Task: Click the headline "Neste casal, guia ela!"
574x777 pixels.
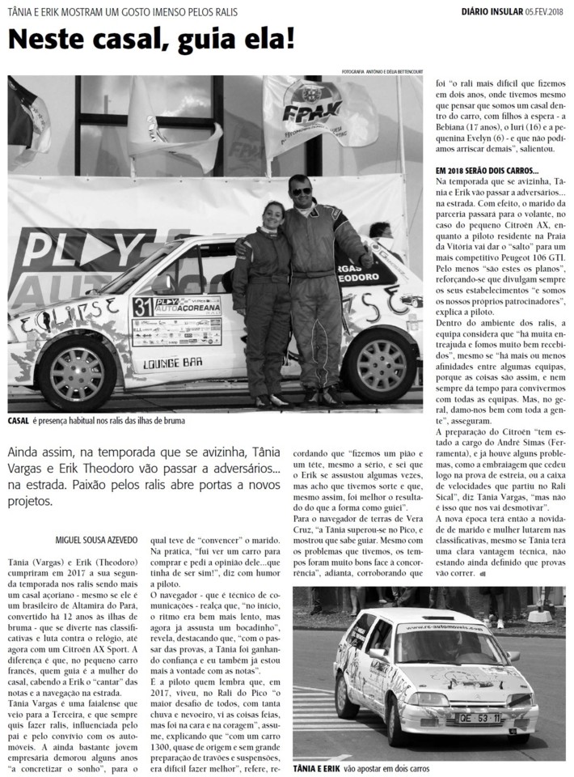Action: point(151,38)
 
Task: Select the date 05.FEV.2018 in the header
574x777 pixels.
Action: point(546,11)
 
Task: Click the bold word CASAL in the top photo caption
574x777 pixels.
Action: point(18,421)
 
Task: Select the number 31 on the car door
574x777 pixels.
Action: point(142,306)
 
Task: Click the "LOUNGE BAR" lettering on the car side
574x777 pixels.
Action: point(172,363)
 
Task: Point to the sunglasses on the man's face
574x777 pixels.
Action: point(301,192)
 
